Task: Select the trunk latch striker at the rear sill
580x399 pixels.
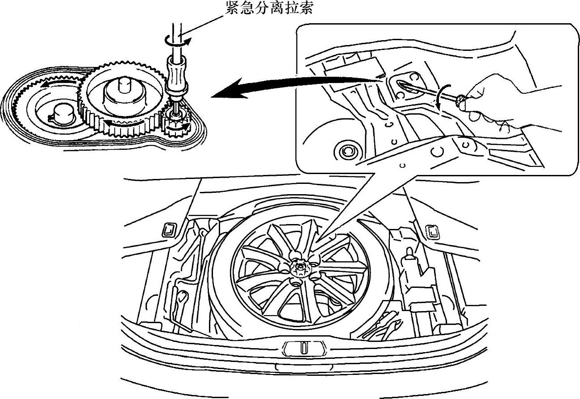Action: point(303,347)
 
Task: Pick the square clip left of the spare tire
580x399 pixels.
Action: point(168,229)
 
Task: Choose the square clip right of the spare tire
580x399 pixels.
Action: point(432,231)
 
